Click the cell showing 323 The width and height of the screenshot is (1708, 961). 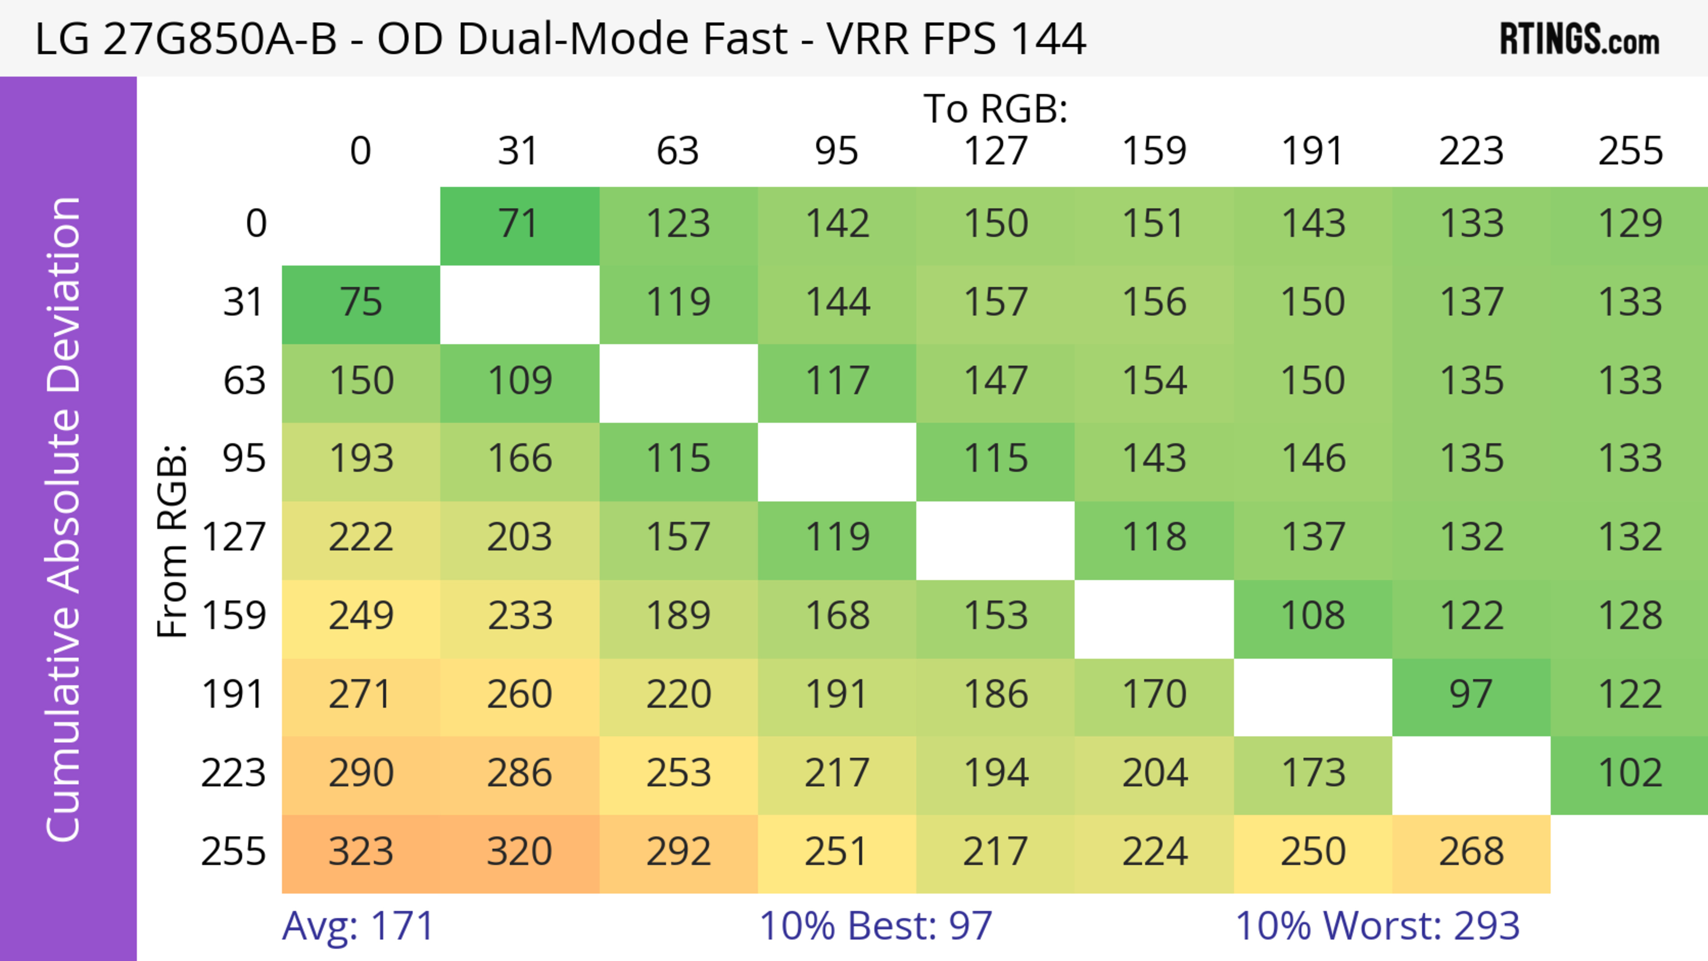coord(361,852)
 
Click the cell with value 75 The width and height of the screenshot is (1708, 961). coord(361,302)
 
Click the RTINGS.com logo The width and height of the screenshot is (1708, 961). coord(1579,38)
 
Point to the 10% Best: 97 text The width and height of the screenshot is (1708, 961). coord(875,926)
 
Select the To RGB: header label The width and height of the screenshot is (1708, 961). coord(995,109)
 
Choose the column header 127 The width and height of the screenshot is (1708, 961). coord(995,151)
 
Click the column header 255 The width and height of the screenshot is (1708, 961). coord(1630,151)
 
